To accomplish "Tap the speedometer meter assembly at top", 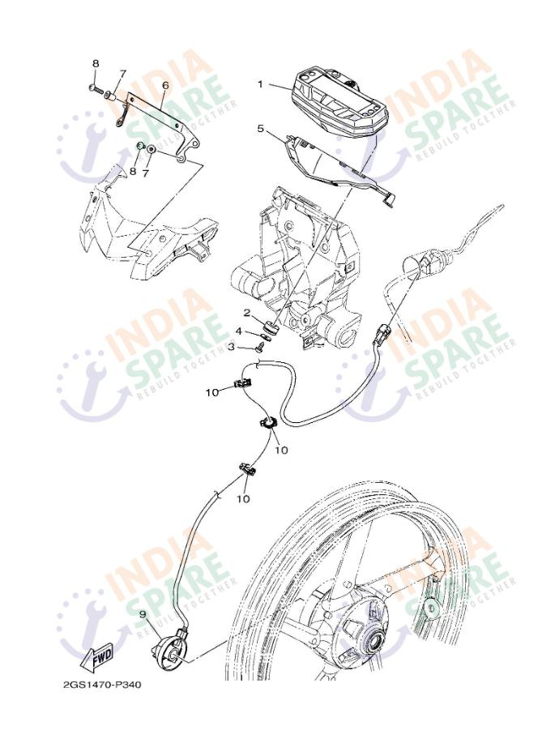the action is point(339,101).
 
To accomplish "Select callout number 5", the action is point(260,129).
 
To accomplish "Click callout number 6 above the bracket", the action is point(165,86).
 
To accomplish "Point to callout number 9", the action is point(143,614).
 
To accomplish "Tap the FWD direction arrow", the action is point(97,656).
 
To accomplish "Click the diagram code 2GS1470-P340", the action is point(102,685).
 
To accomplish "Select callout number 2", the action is point(247,313).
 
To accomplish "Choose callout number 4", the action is point(238,331).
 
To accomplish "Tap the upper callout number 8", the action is point(96,64).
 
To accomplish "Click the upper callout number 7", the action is point(123,74).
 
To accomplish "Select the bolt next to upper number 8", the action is point(96,88).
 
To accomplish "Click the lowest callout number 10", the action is point(243,499).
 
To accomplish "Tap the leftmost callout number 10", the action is point(212,392).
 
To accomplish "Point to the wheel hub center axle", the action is point(372,642).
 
